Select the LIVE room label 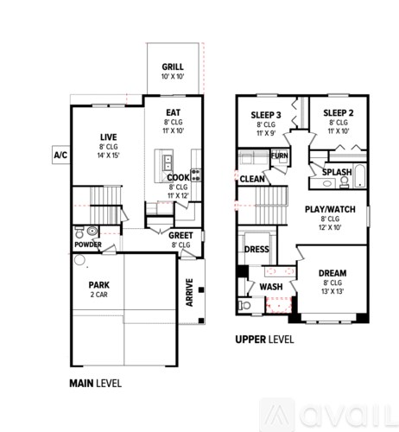click(108, 137)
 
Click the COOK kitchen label click(178, 177)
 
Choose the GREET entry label click(180, 234)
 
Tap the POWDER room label click(88, 245)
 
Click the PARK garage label click(99, 284)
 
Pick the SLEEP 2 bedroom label click(339, 114)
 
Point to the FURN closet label click(279, 156)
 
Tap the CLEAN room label click(252, 179)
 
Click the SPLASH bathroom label click(336, 172)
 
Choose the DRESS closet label click(256, 250)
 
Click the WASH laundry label click(270, 286)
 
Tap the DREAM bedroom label click(332, 272)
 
